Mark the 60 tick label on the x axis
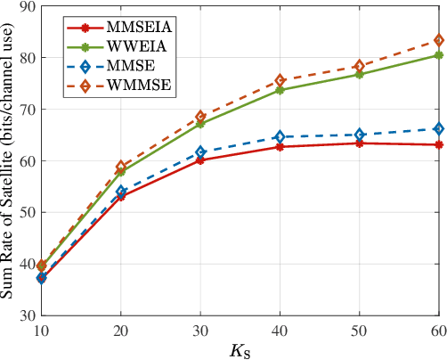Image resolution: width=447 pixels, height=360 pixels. (x=437, y=330)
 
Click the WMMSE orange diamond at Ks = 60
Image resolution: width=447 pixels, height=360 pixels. (x=438, y=40)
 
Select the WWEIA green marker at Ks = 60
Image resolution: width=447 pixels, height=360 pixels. (x=438, y=55)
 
